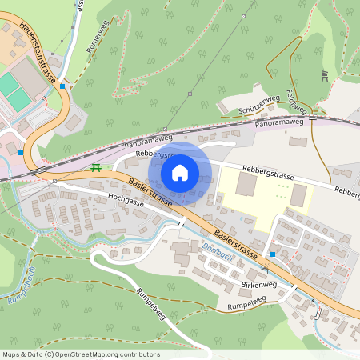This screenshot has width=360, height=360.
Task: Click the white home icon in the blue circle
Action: click(x=180, y=172)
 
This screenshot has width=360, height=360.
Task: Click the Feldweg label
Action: click(x=295, y=102)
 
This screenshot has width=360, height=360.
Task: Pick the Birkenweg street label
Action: click(x=257, y=284)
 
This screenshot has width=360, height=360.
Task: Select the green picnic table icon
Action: click(x=96, y=167)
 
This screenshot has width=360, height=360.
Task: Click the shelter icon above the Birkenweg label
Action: click(x=264, y=272)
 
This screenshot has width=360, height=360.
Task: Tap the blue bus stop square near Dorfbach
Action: click(x=273, y=255)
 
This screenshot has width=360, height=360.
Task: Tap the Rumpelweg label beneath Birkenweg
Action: click(x=245, y=306)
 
